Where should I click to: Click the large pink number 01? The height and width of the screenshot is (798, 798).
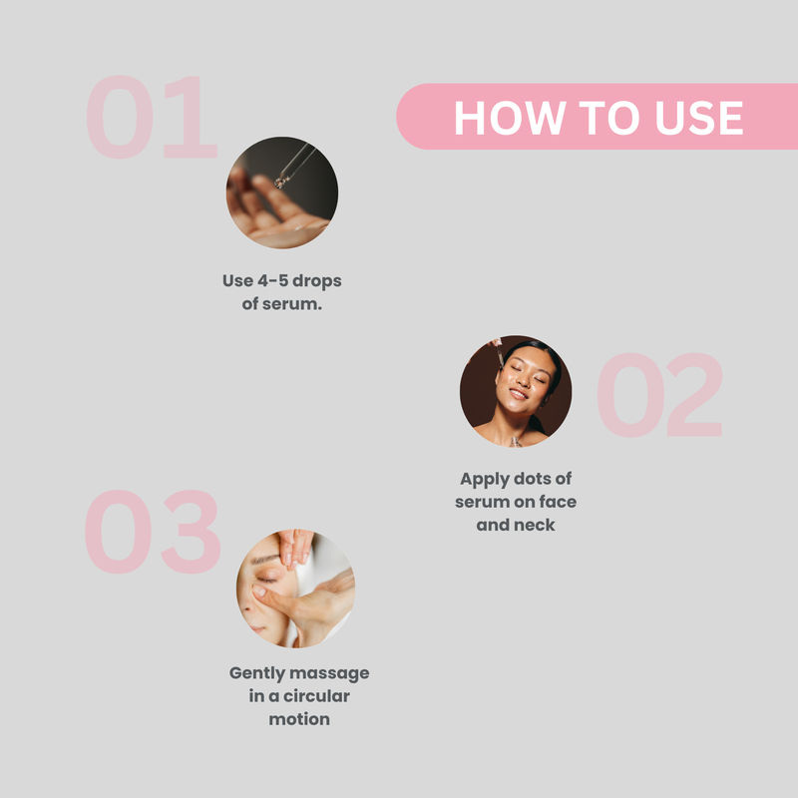click(152, 117)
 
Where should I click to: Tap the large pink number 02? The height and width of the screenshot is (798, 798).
click(659, 395)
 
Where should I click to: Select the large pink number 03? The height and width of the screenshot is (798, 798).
click(153, 532)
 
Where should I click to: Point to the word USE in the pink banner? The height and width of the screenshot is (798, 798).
click(699, 118)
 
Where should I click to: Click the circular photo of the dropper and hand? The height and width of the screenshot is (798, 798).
click(282, 193)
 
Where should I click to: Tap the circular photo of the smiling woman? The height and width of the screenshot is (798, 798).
click(516, 391)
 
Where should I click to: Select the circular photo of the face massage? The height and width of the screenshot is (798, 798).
click(295, 589)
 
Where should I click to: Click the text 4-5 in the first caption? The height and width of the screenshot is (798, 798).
click(272, 280)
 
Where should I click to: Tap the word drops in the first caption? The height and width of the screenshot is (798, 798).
click(316, 281)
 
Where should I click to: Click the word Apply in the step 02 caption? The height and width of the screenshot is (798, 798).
click(485, 480)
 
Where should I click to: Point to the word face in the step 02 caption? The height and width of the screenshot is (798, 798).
click(558, 502)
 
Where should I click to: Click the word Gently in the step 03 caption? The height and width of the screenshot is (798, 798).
click(257, 674)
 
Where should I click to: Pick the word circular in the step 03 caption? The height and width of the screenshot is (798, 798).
click(316, 696)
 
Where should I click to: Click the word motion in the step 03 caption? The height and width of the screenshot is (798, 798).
click(299, 719)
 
